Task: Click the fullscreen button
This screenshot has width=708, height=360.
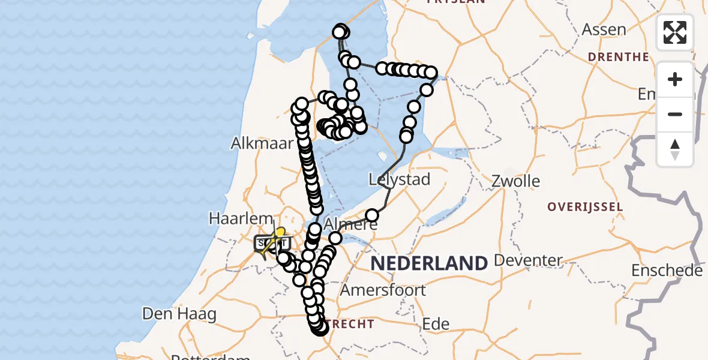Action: pos(675,32)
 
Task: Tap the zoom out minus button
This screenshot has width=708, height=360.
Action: pos(675,114)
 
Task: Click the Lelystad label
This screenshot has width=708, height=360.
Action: pos(400,179)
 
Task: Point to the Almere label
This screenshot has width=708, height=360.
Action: pos(351,225)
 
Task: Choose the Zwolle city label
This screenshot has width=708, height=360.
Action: pos(515,181)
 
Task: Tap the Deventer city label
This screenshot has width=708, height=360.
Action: pos(528,260)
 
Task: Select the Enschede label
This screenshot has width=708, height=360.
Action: pos(667,270)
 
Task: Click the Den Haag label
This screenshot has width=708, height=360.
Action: pos(171,313)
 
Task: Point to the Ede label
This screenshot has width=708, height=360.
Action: pos(436,324)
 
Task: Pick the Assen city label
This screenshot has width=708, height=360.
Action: pos(604,29)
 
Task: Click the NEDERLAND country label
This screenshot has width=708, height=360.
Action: pos(428,263)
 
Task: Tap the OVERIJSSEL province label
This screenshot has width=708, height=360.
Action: pos(584,207)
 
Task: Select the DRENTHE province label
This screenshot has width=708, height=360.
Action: pos(618,57)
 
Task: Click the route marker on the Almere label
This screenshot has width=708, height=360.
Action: pos(335,238)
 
